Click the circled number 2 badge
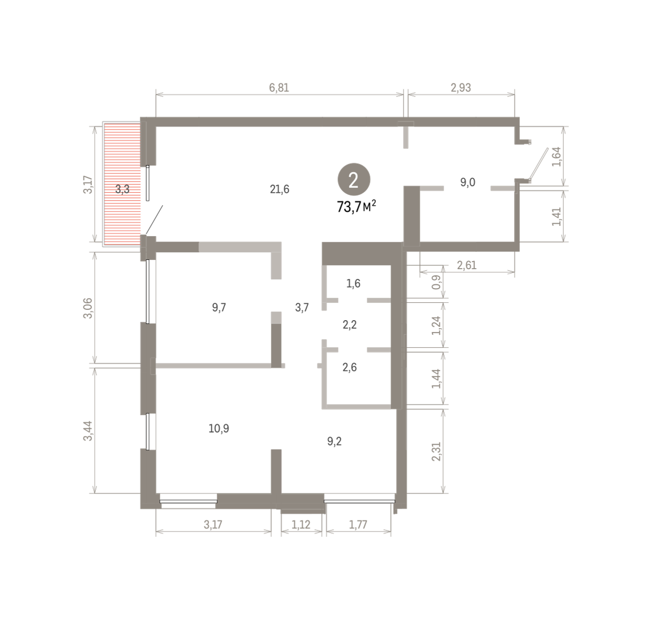click(x=353, y=179)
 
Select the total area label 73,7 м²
click(x=356, y=207)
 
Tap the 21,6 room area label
click(x=279, y=189)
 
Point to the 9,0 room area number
click(x=468, y=182)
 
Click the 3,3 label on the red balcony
click(x=122, y=190)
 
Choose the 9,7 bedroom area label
click(x=219, y=308)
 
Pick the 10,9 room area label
click(x=218, y=428)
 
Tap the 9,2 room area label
click(x=334, y=441)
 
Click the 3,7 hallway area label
click(x=302, y=308)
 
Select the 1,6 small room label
click(x=353, y=283)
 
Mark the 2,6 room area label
click(x=349, y=367)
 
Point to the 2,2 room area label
click(x=349, y=325)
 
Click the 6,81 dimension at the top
click(x=279, y=88)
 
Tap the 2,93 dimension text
click(x=460, y=88)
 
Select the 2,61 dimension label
click(x=466, y=265)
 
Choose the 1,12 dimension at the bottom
click(x=301, y=524)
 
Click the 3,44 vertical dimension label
click(x=88, y=431)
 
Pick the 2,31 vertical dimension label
click(x=436, y=451)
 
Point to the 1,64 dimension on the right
click(x=556, y=157)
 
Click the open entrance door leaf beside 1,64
click(x=538, y=164)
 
